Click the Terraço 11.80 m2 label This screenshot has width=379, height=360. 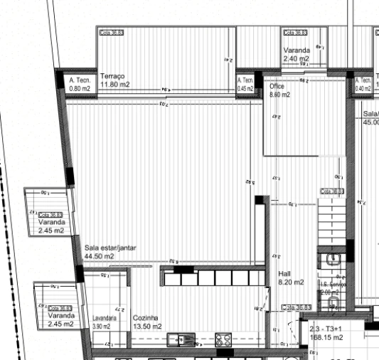tap(113, 80)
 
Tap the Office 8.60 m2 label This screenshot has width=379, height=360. tap(278, 90)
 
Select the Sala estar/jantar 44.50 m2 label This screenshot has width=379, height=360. tap(110, 252)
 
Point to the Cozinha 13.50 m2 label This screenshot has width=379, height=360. tap(146, 322)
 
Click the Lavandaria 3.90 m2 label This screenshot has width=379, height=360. tap(105, 322)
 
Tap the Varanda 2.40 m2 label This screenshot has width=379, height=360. tap(296, 55)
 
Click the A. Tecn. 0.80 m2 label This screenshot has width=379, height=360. tap(79, 85)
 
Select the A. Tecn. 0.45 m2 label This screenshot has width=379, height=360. tap(245, 85)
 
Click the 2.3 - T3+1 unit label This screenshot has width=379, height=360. tap(326, 329)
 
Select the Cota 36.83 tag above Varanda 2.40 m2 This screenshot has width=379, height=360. tap(295, 33)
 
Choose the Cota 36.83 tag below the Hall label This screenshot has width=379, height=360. tap(297, 307)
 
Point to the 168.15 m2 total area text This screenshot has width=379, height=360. tap(326, 338)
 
